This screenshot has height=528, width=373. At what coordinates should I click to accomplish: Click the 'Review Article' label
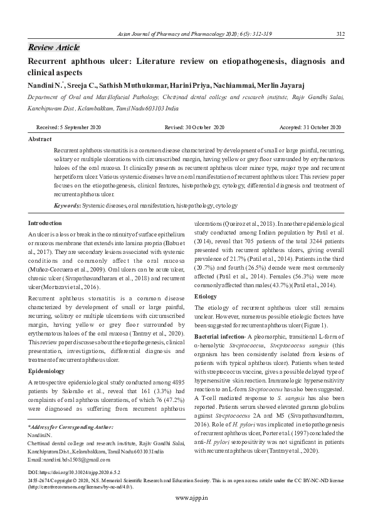54,48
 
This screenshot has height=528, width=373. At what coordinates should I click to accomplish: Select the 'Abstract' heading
40,139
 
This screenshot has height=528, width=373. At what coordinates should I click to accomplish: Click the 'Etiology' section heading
206,296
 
